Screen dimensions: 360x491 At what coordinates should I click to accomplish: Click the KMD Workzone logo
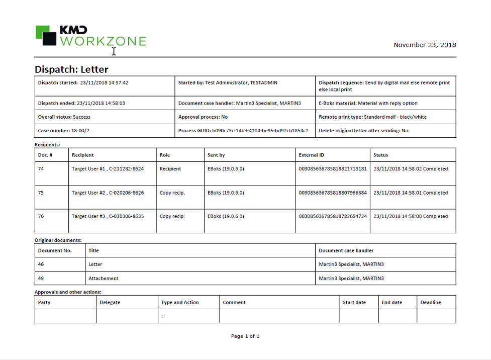coord(90,36)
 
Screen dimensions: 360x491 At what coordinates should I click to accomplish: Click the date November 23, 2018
coord(425,45)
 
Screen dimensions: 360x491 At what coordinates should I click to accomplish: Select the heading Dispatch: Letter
coord(71,69)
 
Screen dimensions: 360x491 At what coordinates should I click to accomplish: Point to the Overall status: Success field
coord(64,117)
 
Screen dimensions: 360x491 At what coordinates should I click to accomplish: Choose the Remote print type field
coord(372,117)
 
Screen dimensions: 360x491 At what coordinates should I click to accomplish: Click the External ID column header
coord(312,155)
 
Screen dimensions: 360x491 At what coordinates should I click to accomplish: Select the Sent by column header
coord(216,155)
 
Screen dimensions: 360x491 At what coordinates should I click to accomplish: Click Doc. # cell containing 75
coord(41,193)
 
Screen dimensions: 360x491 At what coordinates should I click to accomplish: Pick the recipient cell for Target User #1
coord(108,169)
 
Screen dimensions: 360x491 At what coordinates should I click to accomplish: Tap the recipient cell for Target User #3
coord(108,216)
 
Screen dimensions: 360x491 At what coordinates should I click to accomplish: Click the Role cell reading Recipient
coord(170,169)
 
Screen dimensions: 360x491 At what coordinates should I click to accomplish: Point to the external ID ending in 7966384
coord(333,193)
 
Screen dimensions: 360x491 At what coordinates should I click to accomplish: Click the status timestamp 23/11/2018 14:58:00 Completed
coord(410,216)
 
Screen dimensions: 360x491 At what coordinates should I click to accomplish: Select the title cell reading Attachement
coord(104,278)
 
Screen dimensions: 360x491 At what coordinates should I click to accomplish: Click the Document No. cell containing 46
coord(41,264)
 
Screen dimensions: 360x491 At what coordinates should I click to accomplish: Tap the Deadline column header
coord(431,302)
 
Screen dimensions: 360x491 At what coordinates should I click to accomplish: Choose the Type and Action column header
coord(180,302)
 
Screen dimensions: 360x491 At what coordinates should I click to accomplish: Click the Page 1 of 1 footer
coord(245,336)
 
